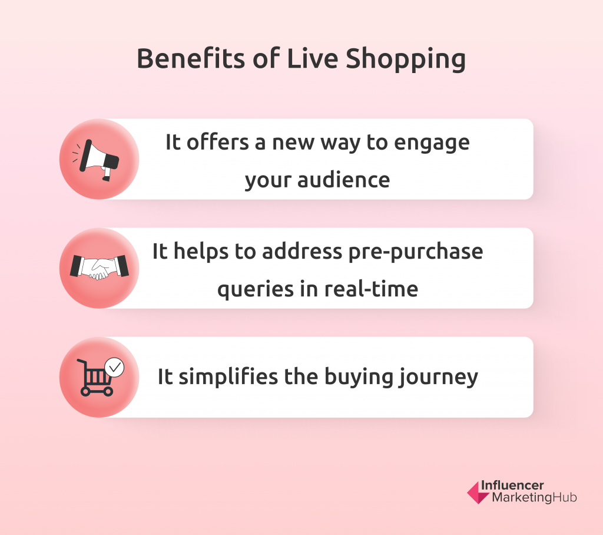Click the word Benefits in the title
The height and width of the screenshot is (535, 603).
[x=191, y=58]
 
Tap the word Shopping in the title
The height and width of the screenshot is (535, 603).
[x=406, y=60]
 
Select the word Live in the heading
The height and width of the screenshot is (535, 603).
[x=313, y=58]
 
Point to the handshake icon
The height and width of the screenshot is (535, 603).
[x=99, y=267]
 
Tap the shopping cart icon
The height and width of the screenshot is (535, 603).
[x=96, y=378]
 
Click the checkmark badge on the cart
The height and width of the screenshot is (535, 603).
[x=115, y=368]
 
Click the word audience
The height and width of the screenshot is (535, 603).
[x=344, y=180]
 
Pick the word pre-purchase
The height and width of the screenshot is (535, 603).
[x=416, y=253]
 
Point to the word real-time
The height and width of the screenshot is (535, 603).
[x=371, y=289]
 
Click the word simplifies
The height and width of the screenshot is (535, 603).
[x=228, y=377]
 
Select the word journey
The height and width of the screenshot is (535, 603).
[x=438, y=378]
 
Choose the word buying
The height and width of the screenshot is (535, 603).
[x=358, y=378]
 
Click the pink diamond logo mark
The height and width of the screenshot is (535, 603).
[x=476, y=492]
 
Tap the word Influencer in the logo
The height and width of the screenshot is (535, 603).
[x=512, y=486]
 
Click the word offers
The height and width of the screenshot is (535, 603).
[x=218, y=142]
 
